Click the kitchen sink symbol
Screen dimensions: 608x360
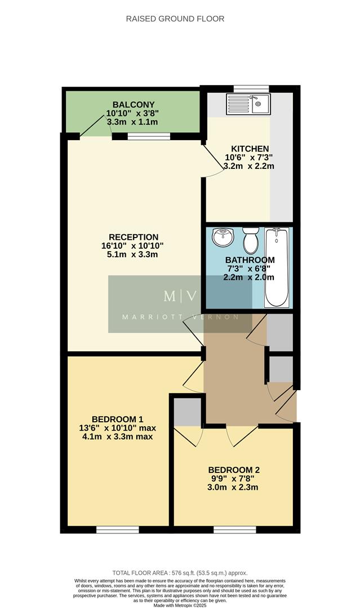point(249,104)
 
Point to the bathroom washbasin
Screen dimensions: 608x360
point(223,237)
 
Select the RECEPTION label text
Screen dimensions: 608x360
point(134,237)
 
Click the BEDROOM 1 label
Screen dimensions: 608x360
point(117,419)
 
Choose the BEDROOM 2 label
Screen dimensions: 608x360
point(234,470)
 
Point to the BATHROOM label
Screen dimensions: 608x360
point(250,260)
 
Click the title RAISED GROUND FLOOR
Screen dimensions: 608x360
point(175,19)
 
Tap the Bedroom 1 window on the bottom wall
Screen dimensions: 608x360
point(117,529)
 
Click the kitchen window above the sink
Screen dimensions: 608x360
point(248,88)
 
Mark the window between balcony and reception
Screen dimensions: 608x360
point(149,136)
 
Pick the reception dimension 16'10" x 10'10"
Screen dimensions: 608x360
point(134,246)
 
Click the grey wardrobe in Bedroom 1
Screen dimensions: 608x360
point(188,413)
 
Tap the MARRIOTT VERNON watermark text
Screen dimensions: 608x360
point(180,316)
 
